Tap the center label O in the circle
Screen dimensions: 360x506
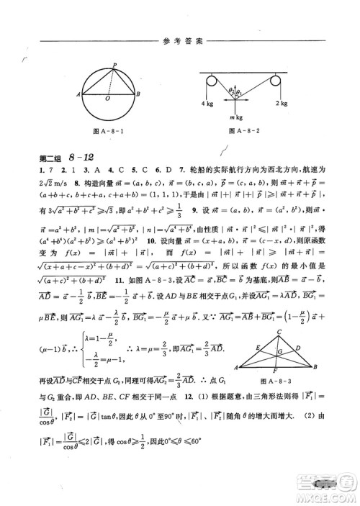pos(107,99)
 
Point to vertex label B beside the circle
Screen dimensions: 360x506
pos(138,94)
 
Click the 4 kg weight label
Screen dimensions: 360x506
pos(206,104)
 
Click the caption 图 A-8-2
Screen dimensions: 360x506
pos(242,131)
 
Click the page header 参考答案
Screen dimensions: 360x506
pos(180,37)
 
